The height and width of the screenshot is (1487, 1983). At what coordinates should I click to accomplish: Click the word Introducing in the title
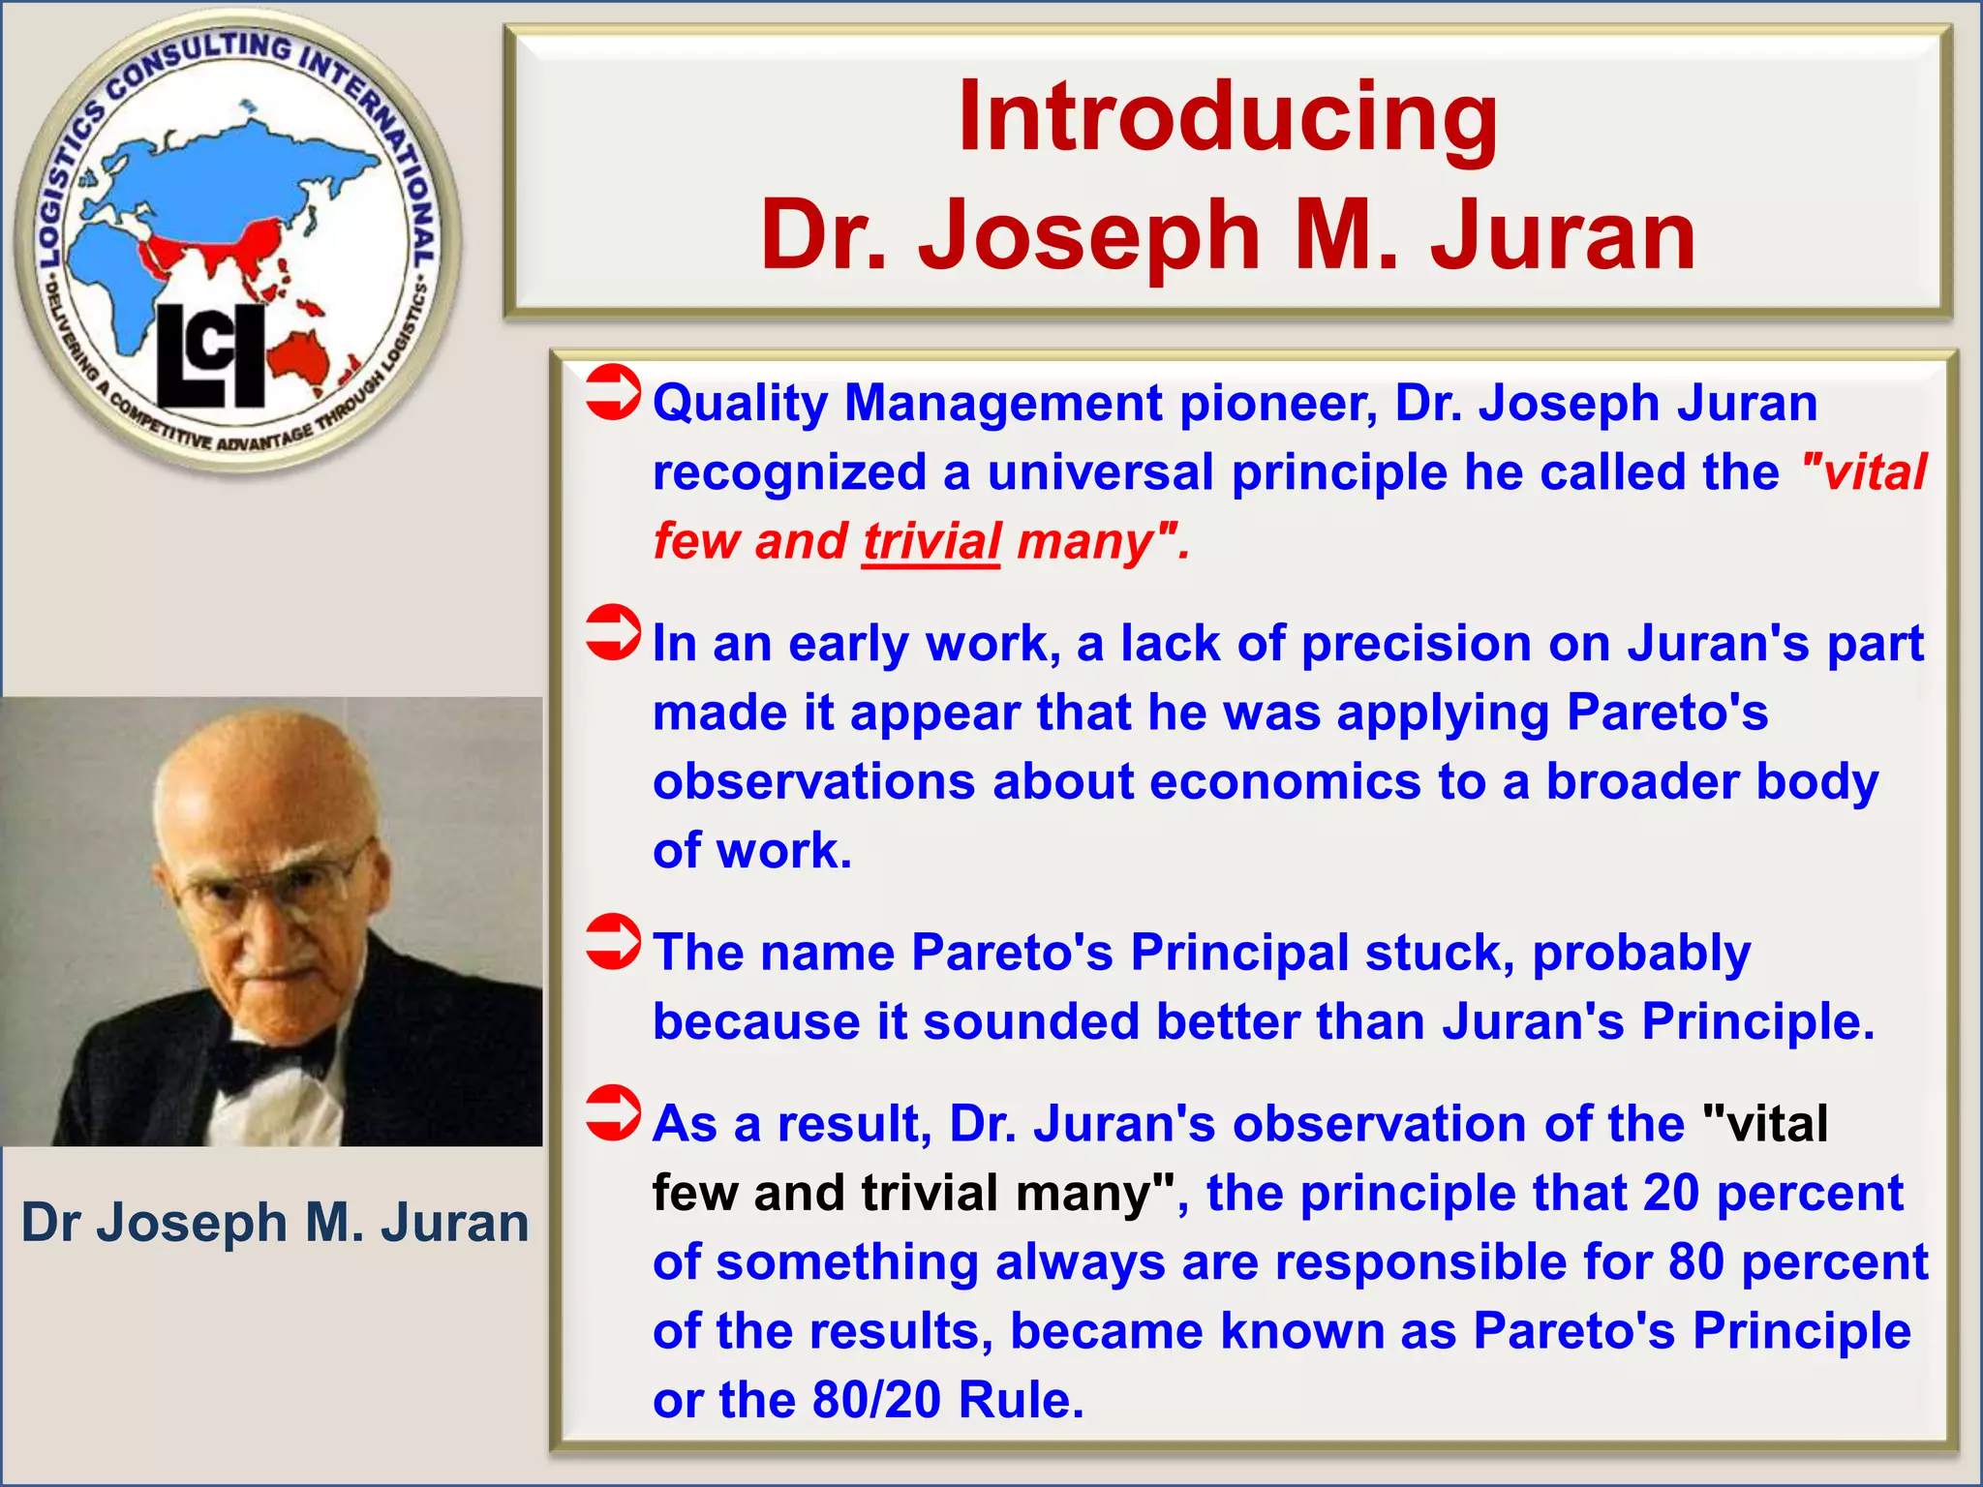(1227, 117)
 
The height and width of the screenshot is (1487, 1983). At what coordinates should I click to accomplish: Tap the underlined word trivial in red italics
(930, 541)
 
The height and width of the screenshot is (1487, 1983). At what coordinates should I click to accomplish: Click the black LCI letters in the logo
(211, 355)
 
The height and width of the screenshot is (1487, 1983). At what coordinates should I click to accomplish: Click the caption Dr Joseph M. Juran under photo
(275, 1222)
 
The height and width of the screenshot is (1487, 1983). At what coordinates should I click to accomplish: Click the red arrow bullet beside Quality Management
(613, 393)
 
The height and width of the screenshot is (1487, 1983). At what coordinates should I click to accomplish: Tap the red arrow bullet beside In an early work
(613, 633)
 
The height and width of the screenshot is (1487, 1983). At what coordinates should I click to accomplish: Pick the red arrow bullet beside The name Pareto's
(613, 942)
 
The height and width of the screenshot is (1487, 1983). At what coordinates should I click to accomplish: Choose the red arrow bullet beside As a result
(613, 1113)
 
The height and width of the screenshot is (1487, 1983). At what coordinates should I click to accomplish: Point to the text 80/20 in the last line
(876, 1400)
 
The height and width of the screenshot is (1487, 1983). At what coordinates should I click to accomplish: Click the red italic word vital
(1875, 472)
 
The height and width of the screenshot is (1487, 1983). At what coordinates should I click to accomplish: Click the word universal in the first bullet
(1101, 472)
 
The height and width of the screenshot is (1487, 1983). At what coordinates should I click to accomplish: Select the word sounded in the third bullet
(1030, 1021)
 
